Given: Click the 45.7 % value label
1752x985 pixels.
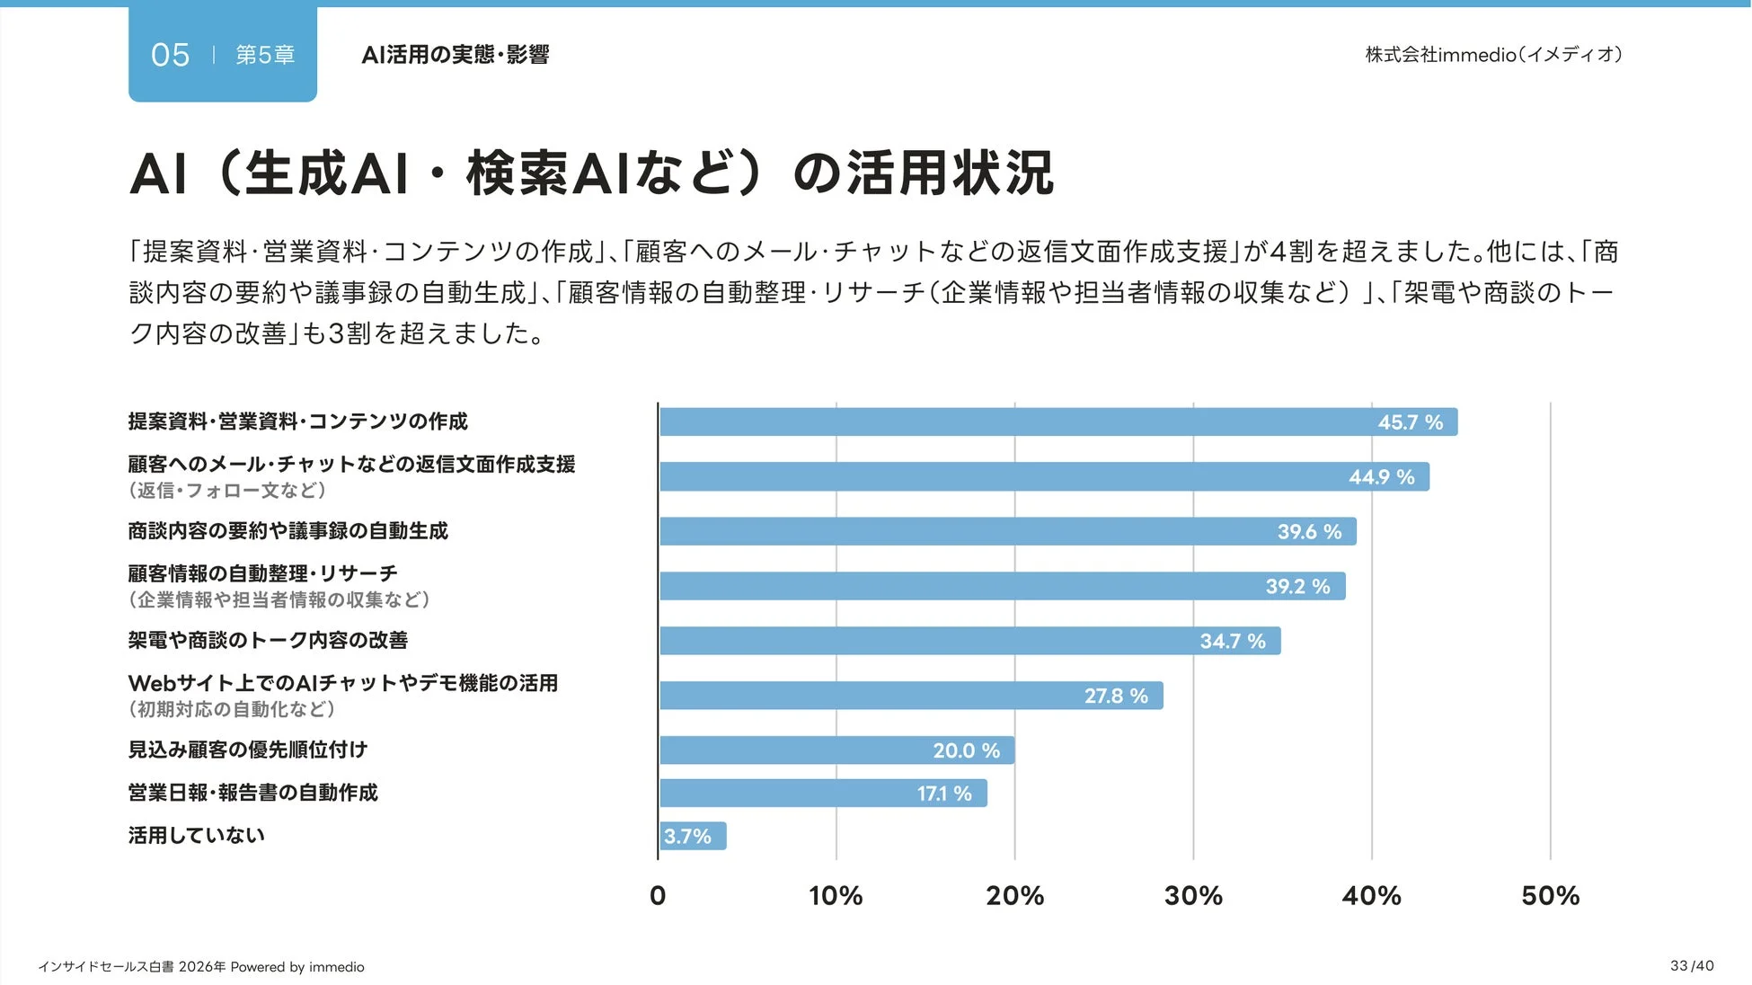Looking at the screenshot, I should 1410,422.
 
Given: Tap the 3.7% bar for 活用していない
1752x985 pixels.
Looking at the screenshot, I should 693,836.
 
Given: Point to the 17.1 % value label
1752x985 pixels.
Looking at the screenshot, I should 944,794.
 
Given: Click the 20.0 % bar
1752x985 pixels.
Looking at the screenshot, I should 836,750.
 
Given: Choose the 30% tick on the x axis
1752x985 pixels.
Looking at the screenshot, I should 1193,895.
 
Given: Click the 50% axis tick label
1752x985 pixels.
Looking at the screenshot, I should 1550,895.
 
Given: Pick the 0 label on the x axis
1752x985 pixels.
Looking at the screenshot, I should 658,895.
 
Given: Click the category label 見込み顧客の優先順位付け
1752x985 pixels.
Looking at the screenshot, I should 248,750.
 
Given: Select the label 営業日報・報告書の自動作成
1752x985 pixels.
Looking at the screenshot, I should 252,793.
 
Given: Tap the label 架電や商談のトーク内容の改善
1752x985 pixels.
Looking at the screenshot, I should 268,640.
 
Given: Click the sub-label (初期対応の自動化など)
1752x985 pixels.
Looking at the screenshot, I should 232,709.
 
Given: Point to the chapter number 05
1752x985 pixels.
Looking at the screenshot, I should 170,55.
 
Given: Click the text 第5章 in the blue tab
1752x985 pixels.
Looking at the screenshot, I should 265,55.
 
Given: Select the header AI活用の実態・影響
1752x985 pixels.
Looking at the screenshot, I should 455,55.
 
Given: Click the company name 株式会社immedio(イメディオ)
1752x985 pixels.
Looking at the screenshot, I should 1493,55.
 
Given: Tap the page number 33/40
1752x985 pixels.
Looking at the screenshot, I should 1692,965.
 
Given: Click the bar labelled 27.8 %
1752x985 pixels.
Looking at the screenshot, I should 911,696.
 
